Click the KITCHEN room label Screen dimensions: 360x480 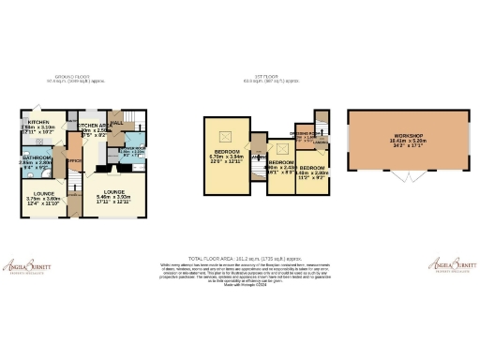point(37,123)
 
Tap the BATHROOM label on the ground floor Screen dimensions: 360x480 point(37,157)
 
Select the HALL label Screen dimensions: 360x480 point(118,123)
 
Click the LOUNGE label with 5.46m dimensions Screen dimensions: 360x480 point(115,192)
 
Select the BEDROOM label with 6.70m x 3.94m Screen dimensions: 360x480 point(228,151)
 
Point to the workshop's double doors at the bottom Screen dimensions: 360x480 point(404,178)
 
